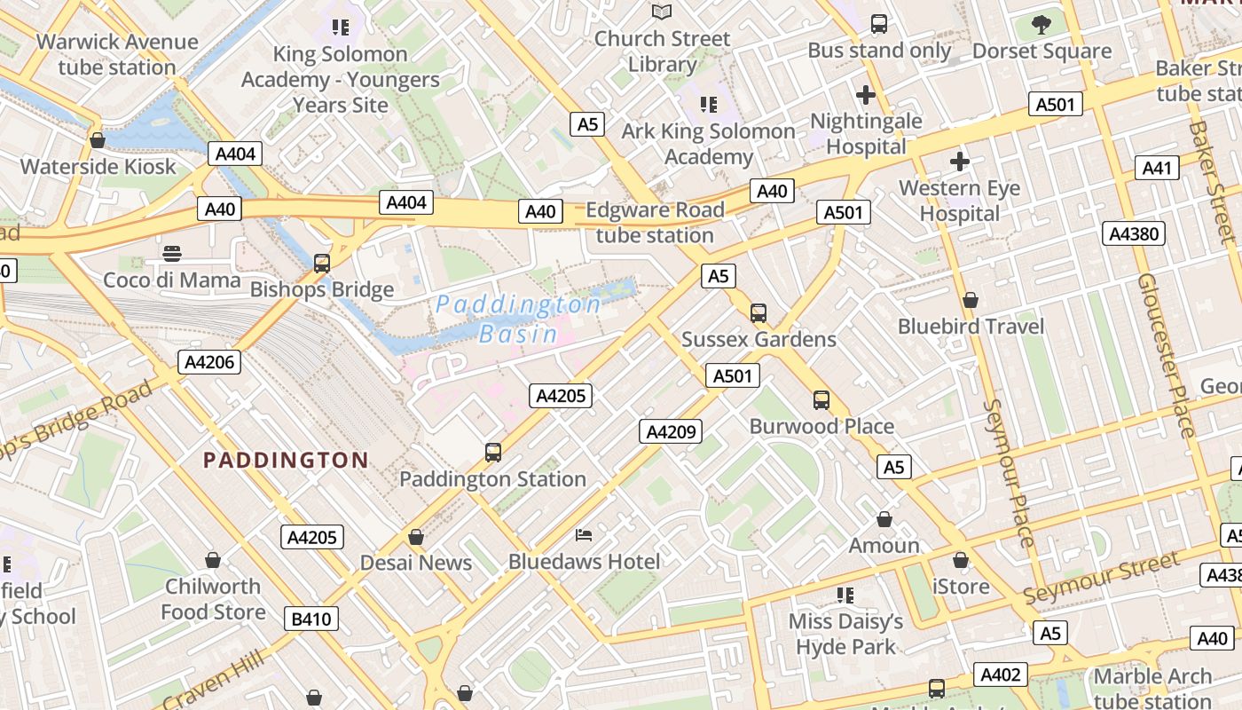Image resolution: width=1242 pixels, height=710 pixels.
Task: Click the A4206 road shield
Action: (x=209, y=361)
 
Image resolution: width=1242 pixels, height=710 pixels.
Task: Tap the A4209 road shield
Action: (x=671, y=431)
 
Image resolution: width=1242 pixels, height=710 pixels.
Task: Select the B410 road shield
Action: (x=311, y=619)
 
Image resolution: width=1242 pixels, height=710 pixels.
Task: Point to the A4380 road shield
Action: (x=1133, y=233)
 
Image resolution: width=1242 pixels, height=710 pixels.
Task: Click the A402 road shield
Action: (x=1000, y=674)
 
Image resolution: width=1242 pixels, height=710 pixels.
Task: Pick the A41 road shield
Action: (x=1157, y=168)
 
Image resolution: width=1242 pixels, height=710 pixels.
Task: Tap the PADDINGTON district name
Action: (x=286, y=460)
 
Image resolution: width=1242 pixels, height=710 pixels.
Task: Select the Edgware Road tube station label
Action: (x=655, y=223)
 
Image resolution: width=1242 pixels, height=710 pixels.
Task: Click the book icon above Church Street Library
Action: (x=662, y=12)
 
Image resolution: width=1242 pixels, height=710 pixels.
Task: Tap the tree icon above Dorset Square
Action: (x=1042, y=24)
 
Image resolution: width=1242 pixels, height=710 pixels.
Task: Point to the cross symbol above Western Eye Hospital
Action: (x=959, y=162)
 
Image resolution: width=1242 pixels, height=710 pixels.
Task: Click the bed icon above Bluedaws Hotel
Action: (x=584, y=534)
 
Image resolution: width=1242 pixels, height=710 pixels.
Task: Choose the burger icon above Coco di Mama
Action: (x=172, y=254)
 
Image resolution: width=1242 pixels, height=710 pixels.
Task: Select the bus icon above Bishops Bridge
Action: (x=322, y=263)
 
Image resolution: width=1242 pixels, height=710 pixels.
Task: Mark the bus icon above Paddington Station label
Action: (x=493, y=453)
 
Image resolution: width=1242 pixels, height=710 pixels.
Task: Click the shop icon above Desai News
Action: (x=415, y=537)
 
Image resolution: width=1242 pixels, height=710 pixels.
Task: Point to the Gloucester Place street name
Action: (x=1166, y=355)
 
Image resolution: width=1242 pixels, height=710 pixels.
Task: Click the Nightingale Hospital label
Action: (x=866, y=133)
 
